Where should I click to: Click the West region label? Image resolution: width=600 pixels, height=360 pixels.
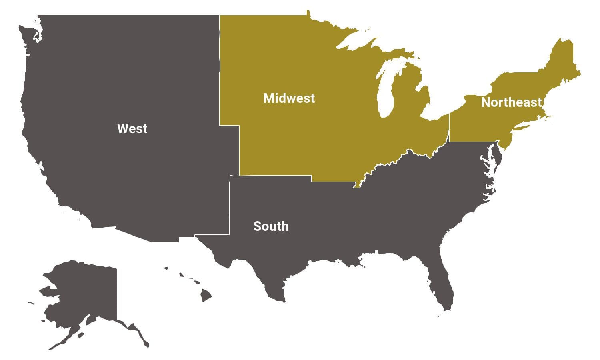132,128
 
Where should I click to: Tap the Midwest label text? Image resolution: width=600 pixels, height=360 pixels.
289,98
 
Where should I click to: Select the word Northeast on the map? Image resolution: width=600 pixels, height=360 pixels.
511,102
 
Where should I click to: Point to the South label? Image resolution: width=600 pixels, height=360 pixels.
271,226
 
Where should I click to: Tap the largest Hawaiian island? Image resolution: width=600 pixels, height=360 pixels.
206,296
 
